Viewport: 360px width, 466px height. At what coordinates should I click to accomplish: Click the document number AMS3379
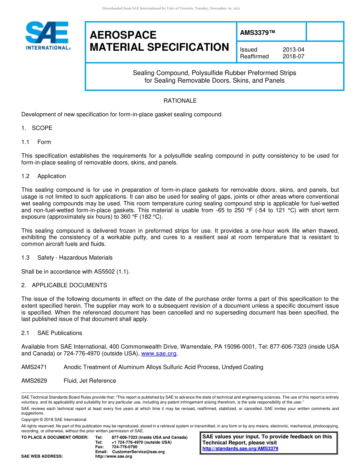tap(257, 33)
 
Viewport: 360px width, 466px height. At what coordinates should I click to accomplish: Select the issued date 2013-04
tap(293, 50)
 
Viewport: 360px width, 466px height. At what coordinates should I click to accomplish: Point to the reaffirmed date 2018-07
tap(293, 56)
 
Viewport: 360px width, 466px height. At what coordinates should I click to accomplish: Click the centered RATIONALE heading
tap(180, 101)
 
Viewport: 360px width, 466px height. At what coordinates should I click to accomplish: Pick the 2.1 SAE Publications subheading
tap(52, 333)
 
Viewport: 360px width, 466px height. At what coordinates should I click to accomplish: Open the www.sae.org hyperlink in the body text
tap(159, 353)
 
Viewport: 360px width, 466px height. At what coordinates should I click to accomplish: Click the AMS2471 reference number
tap(34, 367)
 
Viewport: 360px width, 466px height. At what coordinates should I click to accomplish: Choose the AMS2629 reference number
tap(34, 381)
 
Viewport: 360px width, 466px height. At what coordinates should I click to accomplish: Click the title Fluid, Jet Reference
tap(90, 381)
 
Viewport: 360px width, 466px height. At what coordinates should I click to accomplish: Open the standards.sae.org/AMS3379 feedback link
tap(240, 449)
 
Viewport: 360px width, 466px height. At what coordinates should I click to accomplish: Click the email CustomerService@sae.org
tap(138, 452)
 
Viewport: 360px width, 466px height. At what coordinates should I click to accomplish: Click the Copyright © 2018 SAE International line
tap(54, 419)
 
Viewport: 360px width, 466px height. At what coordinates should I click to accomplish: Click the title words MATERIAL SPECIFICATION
tap(159, 47)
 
